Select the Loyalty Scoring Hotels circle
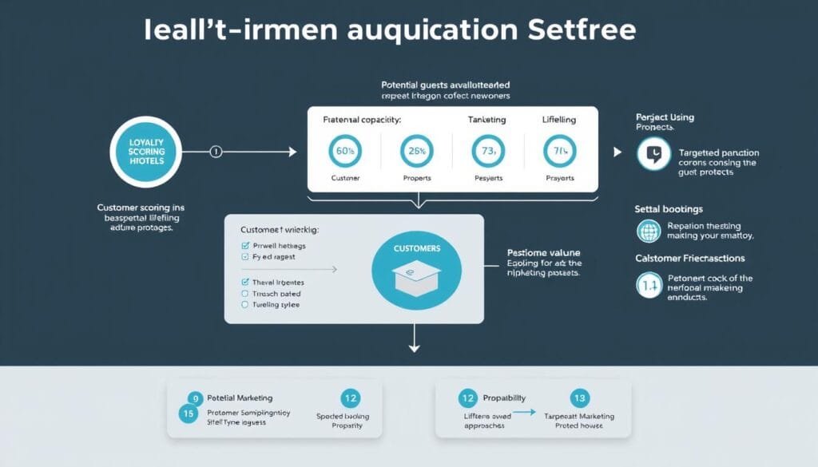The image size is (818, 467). pyautogui.click(x=145, y=150)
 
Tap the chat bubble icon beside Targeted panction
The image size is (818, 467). pyautogui.click(x=654, y=153)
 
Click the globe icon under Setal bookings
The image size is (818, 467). pyautogui.click(x=648, y=232)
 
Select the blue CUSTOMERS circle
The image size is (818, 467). pyautogui.click(x=416, y=269)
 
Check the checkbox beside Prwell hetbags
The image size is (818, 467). pyautogui.click(x=245, y=246)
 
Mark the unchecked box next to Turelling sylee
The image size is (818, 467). pyautogui.click(x=245, y=305)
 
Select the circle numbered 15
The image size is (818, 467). pyautogui.click(x=189, y=414)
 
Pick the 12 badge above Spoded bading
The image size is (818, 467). pyautogui.click(x=348, y=398)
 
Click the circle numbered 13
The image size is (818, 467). pyautogui.click(x=580, y=398)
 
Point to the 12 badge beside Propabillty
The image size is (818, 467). pyautogui.click(x=467, y=398)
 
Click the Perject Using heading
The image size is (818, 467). pyautogui.click(x=665, y=117)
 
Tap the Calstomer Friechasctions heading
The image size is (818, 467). pyautogui.click(x=690, y=258)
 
